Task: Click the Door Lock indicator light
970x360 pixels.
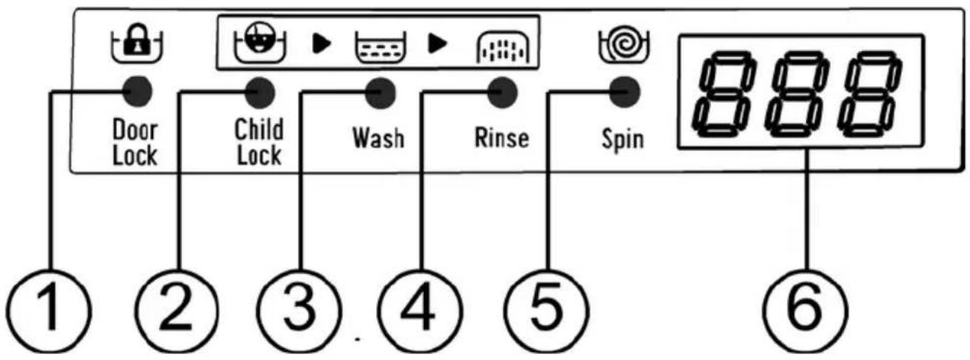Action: [x=138, y=91]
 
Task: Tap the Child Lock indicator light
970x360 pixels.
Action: [x=260, y=92]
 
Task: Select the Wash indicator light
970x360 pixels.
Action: [x=380, y=93]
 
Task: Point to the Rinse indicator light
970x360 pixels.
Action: [x=502, y=92]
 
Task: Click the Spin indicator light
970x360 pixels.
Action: [x=625, y=92]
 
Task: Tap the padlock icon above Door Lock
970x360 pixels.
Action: [x=138, y=42]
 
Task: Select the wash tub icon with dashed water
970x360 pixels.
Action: [x=381, y=47]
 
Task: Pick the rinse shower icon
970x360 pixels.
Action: [x=503, y=47]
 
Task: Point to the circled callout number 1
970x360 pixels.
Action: [x=49, y=311]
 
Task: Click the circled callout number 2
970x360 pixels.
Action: [x=176, y=311]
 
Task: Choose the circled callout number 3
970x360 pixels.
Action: [x=299, y=311]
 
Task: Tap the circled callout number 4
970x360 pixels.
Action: [x=420, y=311]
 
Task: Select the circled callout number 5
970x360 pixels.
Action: [x=547, y=311]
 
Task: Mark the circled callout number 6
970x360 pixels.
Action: [x=805, y=311]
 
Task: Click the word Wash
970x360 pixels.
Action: [x=379, y=138]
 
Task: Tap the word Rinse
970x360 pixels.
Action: [x=502, y=137]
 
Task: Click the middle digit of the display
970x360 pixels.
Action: [x=797, y=94]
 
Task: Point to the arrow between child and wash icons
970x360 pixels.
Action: [x=322, y=44]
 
